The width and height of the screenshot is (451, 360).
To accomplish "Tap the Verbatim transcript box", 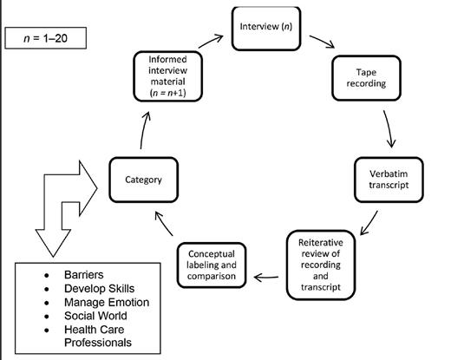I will pyautogui.click(x=386, y=180).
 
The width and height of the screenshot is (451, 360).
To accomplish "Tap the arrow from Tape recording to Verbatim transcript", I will pyautogui.click(x=391, y=131).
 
